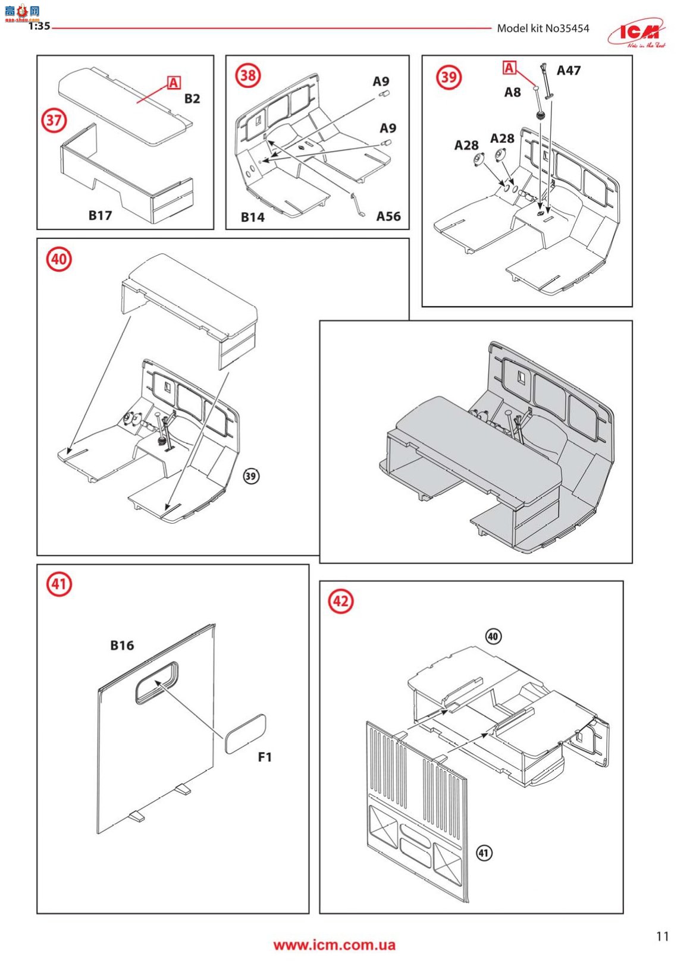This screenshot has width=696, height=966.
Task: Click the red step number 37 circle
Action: click(54, 120)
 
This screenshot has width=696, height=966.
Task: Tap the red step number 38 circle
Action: click(248, 75)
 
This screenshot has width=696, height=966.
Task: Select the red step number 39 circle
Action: click(449, 77)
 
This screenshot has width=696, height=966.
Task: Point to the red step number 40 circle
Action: click(58, 259)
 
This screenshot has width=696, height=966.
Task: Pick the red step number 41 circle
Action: click(58, 584)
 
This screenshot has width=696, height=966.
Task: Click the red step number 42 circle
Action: click(340, 601)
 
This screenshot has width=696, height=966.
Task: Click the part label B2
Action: click(192, 99)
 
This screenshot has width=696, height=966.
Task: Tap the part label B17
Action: click(100, 215)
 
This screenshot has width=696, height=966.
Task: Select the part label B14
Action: click(252, 218)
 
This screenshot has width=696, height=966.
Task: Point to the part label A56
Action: click(388, 216)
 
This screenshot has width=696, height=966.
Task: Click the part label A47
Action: click(568, 71)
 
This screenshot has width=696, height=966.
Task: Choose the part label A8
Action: click(512, 92)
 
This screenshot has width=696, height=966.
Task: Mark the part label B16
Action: click(122, 646)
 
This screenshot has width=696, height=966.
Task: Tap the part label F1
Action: click(265, 757)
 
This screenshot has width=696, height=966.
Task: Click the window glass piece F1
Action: click(245, 734)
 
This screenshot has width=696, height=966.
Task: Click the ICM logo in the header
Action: click(636, 33)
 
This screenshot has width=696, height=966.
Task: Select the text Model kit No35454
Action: click(543, 28)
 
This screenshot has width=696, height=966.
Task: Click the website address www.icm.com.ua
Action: click(334, 945)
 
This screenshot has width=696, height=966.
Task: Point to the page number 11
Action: click(662, 936)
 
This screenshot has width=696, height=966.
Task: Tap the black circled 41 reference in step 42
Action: click(484, 853)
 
